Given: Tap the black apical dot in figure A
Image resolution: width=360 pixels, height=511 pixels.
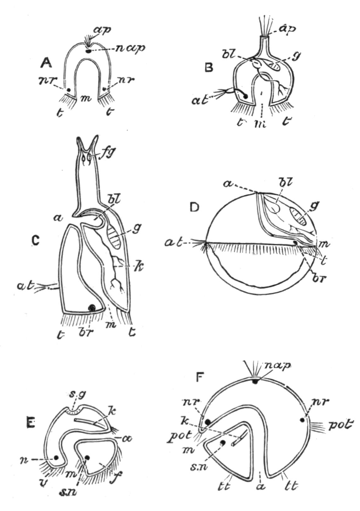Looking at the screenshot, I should (x=89, y=50).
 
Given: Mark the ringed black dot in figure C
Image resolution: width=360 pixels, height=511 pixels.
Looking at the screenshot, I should (x=92, y=308).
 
